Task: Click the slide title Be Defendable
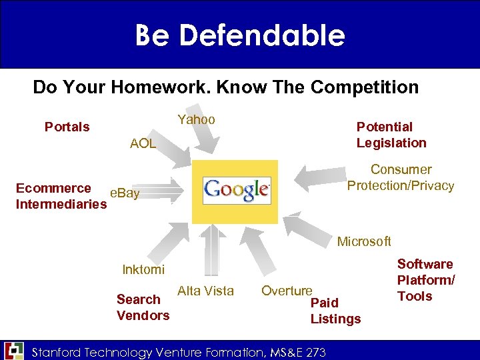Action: (x=240, y=35)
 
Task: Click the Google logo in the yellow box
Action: (x=237, y=191)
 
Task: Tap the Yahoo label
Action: (x=196, y=119)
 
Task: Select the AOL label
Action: (x=143, y=143)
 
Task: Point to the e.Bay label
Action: (x=125, y=193)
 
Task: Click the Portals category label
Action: (x=67, y=127)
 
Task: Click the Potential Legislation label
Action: (x=391, y=135)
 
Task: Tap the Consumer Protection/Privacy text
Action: (x=401, y=177)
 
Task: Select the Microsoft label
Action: (x=364, y=241)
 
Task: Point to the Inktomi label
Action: (x=143, y=269)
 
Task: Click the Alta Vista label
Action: (x=205, y=291)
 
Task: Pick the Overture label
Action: (x=287, y=291)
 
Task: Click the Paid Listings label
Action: (x=335, y=311)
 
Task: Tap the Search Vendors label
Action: (x=143, y=307)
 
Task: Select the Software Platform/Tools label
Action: (x=425, y=280)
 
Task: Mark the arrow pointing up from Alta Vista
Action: (x=211, y=250)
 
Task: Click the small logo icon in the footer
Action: (x=13, y=351)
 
